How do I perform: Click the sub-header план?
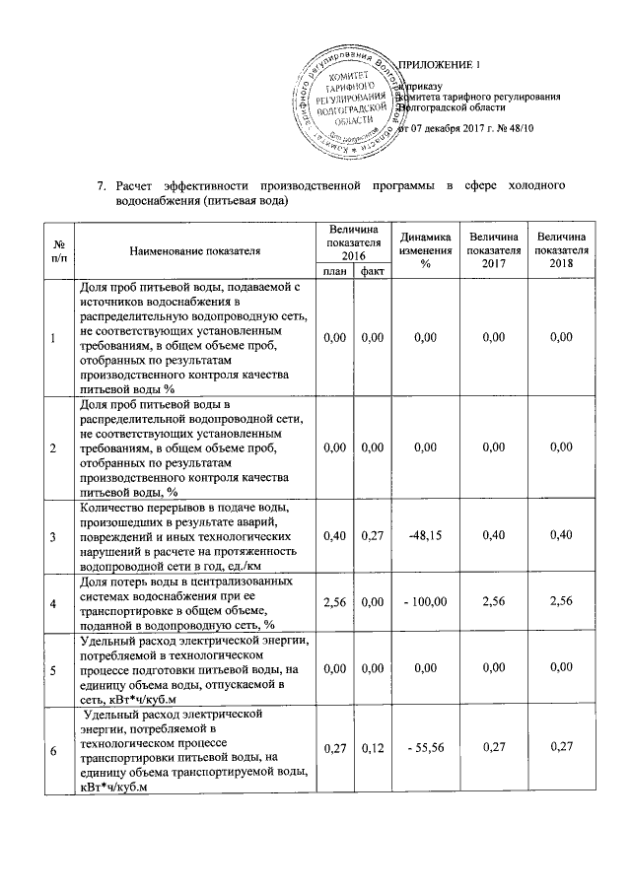334,271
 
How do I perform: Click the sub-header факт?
372,271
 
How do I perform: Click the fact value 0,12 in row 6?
372,750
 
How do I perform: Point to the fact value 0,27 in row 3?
372,535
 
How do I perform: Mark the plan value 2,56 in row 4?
334,601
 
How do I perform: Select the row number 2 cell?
53,448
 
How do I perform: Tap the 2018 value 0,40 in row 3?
560,535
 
